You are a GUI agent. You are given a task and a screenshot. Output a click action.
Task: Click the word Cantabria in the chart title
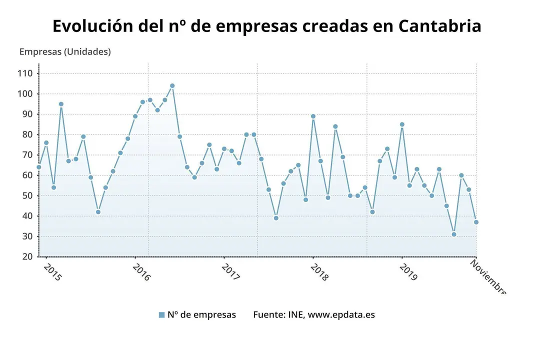tap(439, 26)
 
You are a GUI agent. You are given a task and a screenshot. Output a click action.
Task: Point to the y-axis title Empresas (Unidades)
tap(65, 51)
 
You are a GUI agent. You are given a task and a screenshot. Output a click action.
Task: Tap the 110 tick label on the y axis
tap(24, 73)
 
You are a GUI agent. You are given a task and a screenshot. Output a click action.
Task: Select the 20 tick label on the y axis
tap(27, 256)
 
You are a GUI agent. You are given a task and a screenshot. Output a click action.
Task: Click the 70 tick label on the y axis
tap(27, 155)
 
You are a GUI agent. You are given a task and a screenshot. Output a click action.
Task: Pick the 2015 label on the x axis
tap(52, 272)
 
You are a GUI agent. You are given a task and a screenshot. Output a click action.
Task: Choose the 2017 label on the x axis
tap(230, 272)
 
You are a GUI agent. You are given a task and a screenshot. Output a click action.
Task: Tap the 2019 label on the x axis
tap(408, 272)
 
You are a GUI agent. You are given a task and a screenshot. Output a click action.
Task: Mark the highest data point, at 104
tap(172, 85)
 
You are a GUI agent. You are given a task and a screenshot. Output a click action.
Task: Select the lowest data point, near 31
tap(454, 234)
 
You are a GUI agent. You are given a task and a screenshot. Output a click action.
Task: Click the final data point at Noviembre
tap(476, 222)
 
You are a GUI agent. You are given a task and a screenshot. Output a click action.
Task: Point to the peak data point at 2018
tap(313, 116)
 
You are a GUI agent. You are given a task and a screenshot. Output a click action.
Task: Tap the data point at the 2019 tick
tap(402, 124)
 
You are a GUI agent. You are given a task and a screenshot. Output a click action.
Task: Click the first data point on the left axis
tap(39, 167)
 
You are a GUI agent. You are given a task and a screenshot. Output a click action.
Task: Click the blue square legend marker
tap(161, 315)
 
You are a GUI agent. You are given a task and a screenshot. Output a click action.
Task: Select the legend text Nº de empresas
tap(201, 314)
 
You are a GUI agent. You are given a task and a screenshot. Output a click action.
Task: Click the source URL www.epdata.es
tap(341, 314)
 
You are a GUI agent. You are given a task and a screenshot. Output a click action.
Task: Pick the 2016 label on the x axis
tap(141, 272)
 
